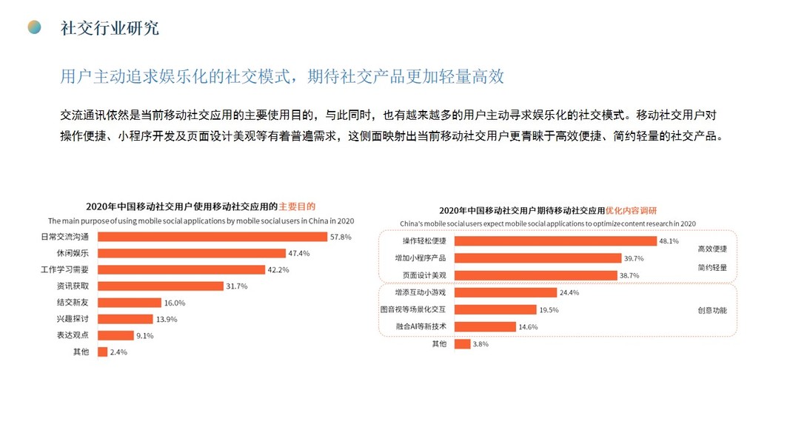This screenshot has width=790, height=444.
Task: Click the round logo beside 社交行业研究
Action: (x=34, y=27)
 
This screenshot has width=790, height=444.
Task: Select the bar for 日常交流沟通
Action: (x=212, y=237)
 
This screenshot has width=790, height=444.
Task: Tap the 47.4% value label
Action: (x=299, y=253)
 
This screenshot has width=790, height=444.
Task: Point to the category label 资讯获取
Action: (x=73, y=286)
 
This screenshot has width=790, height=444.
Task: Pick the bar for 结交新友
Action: (x=130, y=302)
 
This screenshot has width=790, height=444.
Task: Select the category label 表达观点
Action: (x=73, y=335)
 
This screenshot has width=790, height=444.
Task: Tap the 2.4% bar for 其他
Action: (x=102, y=351)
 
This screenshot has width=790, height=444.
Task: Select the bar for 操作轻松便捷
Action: (x=555, y=241)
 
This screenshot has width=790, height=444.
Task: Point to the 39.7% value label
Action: (x=635, y=258)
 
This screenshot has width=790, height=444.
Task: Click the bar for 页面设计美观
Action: (x=535, y=275)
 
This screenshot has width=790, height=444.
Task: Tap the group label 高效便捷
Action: (x=712, y=249)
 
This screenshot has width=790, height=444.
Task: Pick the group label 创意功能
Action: (x=712, y=310)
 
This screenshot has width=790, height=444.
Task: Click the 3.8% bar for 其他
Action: (x=462, y=344)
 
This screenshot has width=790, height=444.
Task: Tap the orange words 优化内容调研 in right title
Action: (x=632, y=210)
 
